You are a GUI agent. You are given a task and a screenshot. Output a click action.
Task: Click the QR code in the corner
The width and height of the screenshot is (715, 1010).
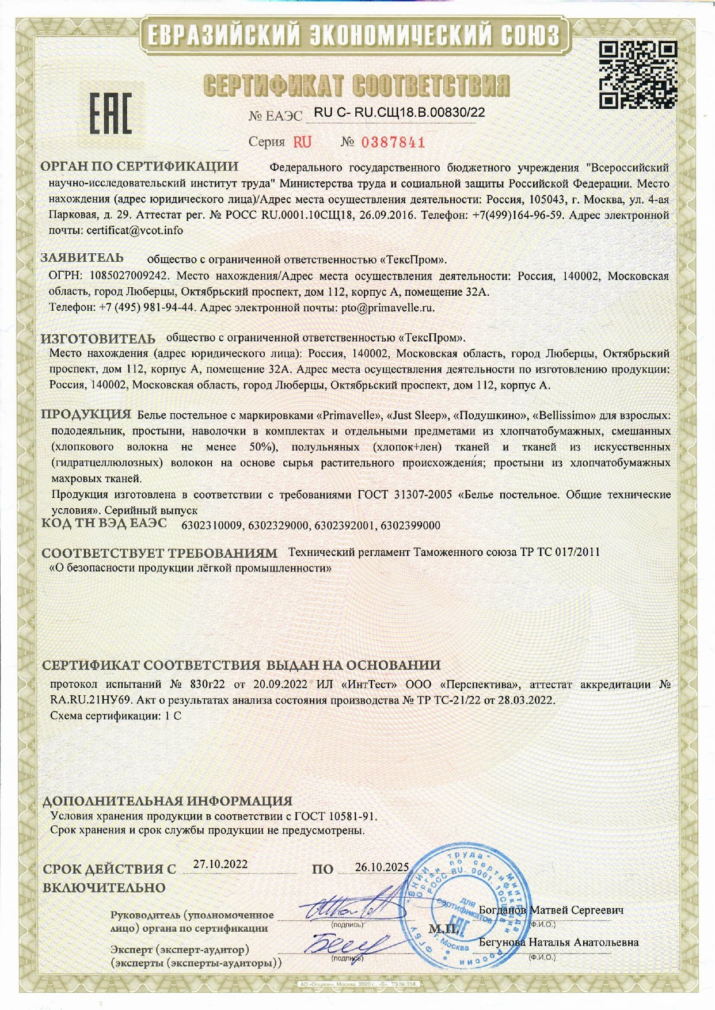(638, 75)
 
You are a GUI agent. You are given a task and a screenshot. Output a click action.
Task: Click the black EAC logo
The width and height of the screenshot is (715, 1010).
(110, 113)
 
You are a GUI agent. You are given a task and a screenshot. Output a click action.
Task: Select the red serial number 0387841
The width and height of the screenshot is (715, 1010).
(393, 142)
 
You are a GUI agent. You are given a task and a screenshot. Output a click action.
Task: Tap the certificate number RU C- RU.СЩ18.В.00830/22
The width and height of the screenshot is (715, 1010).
(399, 112)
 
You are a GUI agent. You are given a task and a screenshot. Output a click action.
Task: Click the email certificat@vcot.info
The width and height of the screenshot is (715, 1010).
(135, 230)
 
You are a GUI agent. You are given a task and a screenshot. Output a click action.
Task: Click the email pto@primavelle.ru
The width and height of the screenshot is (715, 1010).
(387, 307)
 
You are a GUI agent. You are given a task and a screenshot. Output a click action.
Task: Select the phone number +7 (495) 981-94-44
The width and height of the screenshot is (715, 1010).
(146, 307)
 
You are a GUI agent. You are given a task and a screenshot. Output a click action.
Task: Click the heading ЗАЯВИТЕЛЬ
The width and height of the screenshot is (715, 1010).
(82, 258)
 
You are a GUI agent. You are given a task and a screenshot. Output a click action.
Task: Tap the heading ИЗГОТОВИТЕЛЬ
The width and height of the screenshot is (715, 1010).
(98, 338)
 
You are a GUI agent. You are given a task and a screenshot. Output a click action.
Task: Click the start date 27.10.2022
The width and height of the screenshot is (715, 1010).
(220, 864)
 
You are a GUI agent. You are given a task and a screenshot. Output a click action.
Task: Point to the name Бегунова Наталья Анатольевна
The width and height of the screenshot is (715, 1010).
(558, 943)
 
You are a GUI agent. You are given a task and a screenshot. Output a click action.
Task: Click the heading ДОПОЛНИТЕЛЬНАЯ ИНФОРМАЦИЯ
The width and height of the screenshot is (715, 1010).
(168, 801)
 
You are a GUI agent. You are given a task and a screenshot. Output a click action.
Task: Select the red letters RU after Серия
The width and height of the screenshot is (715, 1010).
(302, 142)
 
